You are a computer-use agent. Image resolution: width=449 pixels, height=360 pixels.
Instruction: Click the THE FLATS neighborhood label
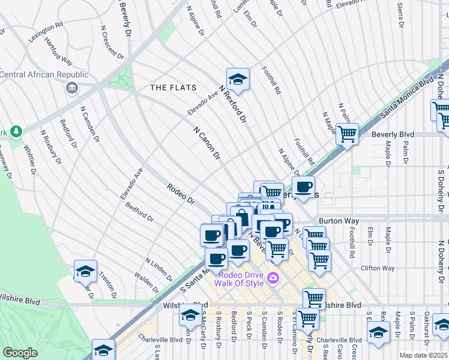click(x=173, y=88)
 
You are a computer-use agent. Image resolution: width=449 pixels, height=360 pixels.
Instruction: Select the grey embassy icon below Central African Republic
click(x=72, y=88)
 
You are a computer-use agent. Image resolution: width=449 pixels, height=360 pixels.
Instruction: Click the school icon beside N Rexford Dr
click(x=238, y=79)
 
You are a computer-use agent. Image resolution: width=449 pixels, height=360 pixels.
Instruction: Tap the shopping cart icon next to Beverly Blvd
click(x=347, y=134)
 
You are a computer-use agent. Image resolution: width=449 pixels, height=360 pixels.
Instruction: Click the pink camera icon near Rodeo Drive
click(x=273, y=277)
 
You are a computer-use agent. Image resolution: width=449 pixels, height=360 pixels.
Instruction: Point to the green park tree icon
click(x=16, y=131)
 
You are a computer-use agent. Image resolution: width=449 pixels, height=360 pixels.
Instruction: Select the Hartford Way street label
click(x=58, y=53)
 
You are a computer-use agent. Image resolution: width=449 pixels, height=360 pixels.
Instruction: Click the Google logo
click(x=20, y=353)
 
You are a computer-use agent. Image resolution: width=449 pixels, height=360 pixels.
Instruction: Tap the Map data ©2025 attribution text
click(x=423, y=355)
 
